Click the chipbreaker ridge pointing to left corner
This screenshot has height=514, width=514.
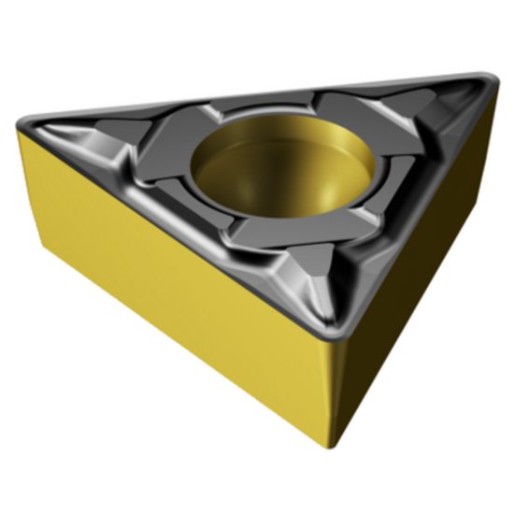[x=103, y=140]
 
